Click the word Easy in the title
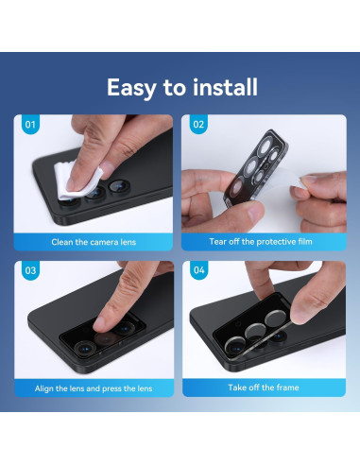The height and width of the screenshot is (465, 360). tap(131, 88)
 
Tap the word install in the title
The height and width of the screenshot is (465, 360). tap(225, 87)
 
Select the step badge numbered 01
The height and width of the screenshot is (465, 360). tap(30, 125)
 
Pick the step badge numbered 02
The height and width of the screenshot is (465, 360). tap(198, 125)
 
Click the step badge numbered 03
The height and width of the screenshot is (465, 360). tap(30, 270)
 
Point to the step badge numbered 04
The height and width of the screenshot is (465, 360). tap(199, 270)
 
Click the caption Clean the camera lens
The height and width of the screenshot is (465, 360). tap(94, 242)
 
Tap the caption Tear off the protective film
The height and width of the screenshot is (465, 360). tap(261, 242)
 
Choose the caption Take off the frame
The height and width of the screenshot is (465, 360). tap(264, 387)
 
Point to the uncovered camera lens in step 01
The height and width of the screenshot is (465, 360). tap(119, 186)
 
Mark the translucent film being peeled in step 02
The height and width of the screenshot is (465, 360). tap(277, 186)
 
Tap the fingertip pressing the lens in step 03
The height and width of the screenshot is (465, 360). tap(101, 323)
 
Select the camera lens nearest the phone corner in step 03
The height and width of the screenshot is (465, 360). tap(84, 349)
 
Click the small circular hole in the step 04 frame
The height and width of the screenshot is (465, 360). tap(237, 324)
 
